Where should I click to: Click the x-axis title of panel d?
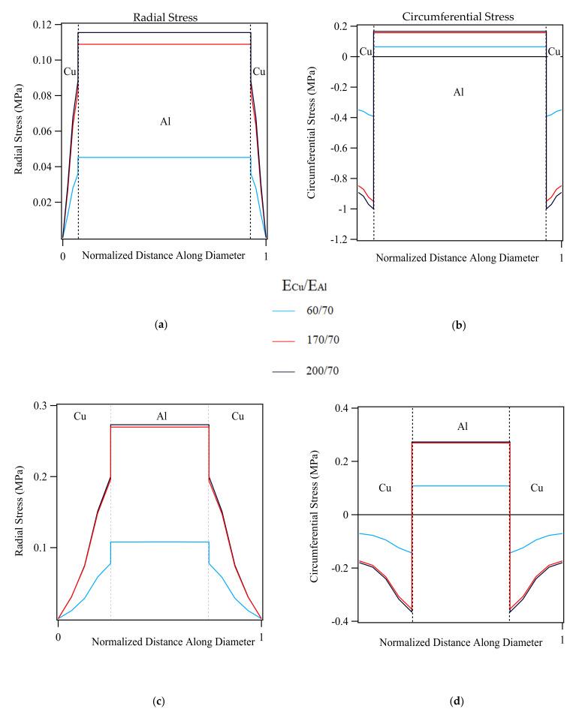(460, 643)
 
